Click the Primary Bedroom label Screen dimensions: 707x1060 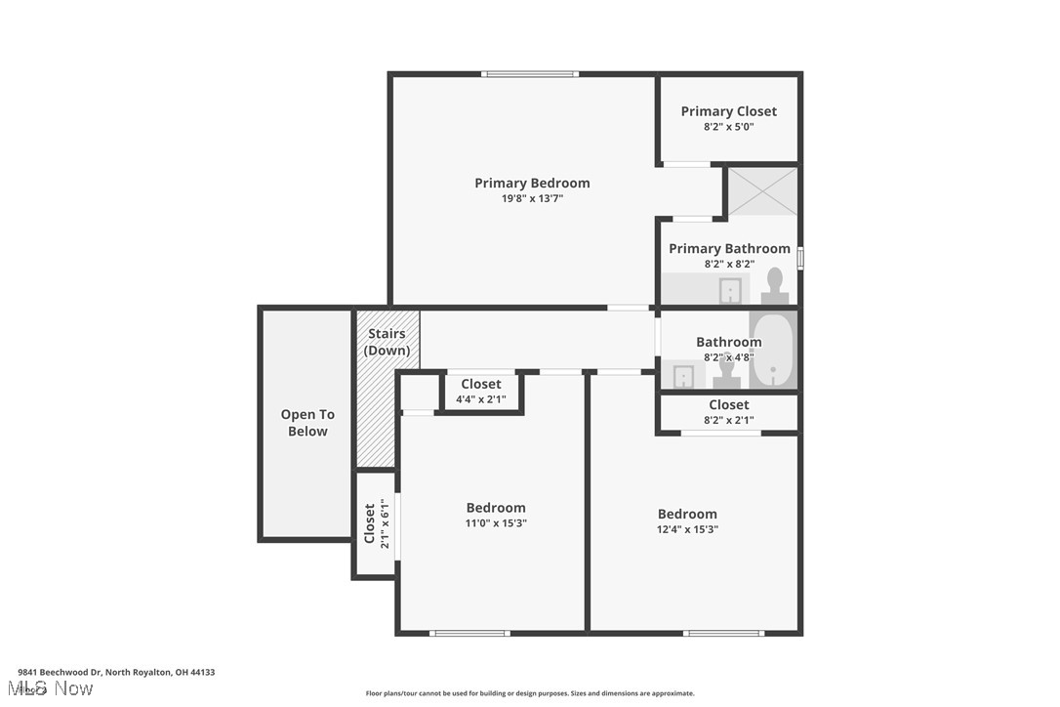tap(532, 183)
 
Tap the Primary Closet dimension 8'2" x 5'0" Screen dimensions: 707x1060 tap(728, 127)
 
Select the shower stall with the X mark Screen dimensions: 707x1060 tap(762, 190)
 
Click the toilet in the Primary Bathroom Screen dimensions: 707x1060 tap(775, 287)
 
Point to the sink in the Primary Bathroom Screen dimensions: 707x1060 tap(730, 290)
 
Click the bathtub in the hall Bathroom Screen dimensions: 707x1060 tap(773, 350)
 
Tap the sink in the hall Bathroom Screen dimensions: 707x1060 tap(685, 376)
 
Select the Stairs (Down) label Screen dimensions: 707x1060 tap(387, 342)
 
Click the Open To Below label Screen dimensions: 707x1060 tap(307, 423)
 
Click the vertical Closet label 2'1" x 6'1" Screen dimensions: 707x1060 tap(376, 523)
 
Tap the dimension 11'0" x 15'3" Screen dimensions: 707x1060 tap(496, 523)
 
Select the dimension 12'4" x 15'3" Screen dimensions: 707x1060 tap(687, 529)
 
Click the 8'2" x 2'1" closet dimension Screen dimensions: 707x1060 tap(728, 421)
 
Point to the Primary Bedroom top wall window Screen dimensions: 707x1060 tap(529, 74)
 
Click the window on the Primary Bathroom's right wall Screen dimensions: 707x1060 tap(799, 258)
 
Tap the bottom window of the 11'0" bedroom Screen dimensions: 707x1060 tap(469, 633)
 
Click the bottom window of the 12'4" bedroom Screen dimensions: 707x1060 tap(723, 633)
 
